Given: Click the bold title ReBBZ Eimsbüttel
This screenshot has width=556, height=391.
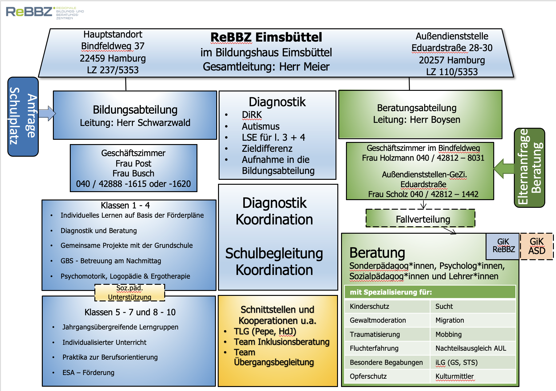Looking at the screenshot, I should click(x=266, y=37).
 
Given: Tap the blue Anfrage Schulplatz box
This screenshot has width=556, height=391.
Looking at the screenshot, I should click(x=23, y=116).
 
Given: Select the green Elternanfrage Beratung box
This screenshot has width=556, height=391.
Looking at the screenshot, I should click(x=529, y=167).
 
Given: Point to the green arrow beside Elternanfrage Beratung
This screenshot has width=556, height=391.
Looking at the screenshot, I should click(x=503, y=168).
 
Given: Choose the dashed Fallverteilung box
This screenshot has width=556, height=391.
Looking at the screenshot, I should click(x=420, y=219).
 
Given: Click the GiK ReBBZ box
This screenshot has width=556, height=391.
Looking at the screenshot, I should click(x=503, y=246).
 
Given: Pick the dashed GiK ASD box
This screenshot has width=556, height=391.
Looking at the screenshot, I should click(x=537, y=246).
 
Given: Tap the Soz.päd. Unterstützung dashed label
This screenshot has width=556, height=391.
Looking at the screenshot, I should click(x=129, y=292).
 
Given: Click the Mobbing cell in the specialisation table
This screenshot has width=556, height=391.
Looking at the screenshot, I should click(x=448, y=334).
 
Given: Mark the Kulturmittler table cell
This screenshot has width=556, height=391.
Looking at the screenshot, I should click(x=455, y=376).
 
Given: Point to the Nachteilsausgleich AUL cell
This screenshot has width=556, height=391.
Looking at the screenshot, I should click(x=471, y=348).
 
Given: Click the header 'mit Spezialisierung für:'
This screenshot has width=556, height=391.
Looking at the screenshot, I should click(x=391, y=292).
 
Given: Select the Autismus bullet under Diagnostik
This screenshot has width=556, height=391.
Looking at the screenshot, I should click(x=260, y=126).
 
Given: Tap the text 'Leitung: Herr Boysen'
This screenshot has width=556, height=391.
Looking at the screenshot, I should click(x=417, y=119).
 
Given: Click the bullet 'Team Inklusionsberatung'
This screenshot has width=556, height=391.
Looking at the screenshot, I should click(x=281, y=342).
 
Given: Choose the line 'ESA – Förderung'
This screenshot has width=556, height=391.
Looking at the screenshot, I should click(x=88, y=373).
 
